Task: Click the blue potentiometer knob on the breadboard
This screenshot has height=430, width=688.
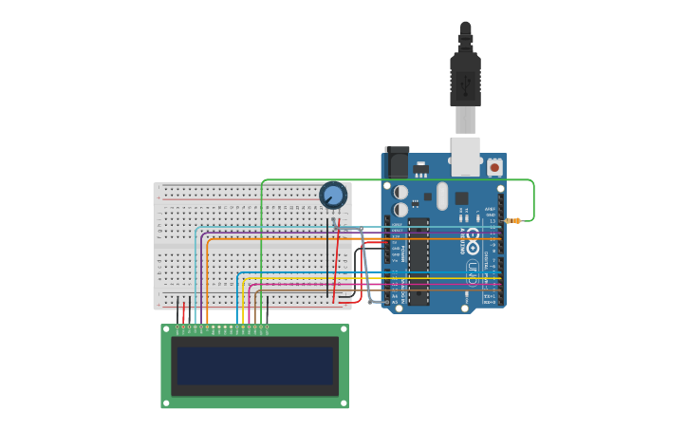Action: tap(333, 196)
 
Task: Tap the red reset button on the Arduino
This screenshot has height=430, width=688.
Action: tap(494, 167)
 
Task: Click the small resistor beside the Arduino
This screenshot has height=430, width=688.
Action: tap(513, 220)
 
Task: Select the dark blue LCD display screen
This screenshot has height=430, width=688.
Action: tap(254, 365)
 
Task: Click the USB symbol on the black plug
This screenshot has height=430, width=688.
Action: tap(465, 86)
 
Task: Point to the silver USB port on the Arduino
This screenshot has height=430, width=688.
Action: tap(465, 157)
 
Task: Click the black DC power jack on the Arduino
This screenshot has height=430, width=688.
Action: tap(397, 163)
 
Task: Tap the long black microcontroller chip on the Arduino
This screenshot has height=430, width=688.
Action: tap(418, 261)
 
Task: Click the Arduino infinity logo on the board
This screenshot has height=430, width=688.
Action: tap(473, 234)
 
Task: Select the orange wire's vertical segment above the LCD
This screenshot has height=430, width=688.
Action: tap(207, 285)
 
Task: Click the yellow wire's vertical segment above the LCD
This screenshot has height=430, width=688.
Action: tap(243, 304)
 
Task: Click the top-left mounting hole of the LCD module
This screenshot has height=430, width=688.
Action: tap(166, 329)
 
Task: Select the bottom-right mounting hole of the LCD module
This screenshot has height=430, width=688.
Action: tap(344, 403)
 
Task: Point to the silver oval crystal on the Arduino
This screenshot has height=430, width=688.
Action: tap(442, 196)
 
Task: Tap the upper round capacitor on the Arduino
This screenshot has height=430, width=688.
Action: tap(401, 192)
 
